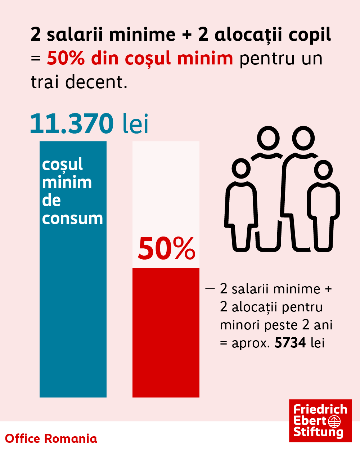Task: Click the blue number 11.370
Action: pos(72,123)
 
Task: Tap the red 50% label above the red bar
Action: pos(166,248)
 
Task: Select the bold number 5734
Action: pos(290,343)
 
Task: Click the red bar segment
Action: pos(166,333)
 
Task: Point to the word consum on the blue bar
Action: pos(72,219)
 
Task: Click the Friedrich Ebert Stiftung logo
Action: pos(320,420)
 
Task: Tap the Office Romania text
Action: pos(51,438)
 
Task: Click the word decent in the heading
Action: pos(96,82)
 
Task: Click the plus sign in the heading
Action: pos(186,35)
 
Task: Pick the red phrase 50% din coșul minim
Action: pos(140,58)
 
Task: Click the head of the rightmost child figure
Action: pos(323,170)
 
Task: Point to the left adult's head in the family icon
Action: pos(268,138)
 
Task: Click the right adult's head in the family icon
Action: pos(303,138)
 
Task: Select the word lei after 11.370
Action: pos(135,123)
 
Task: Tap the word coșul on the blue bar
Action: pos(62,165)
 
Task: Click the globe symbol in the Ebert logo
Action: pos(334,421)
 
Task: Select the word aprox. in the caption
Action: pos(251,343)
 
